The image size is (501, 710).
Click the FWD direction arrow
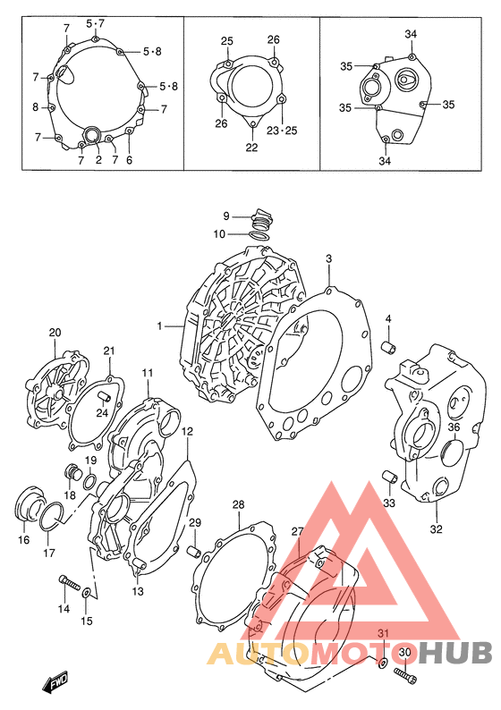click(x=55, y=681)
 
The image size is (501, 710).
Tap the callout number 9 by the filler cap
click(x=226, y=216)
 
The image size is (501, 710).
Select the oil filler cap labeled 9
click(x=262, y=220)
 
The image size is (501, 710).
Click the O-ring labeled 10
click(x=259, y=235)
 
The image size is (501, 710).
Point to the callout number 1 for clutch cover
click(x=159, y=326)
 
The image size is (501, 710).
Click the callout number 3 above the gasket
click(x=329, y=259)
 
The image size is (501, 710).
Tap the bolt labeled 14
click(x=68, y=582)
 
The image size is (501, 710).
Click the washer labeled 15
click(x=86, y=593)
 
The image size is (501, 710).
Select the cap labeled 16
click(x=30, y=503)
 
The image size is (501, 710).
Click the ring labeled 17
click(x=51, y=516)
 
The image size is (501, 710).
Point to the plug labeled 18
click(x=72, y=472)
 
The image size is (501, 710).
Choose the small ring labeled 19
click(x=89, y=482)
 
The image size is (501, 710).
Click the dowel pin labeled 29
click(x=194, y=553)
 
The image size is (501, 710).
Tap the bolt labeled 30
click(x=405, y=674)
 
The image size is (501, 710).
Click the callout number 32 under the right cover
click(x=436, y=528)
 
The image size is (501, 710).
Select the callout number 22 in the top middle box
click(x=252, y=148)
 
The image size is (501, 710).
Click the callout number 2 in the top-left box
click(x=98, y=160)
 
